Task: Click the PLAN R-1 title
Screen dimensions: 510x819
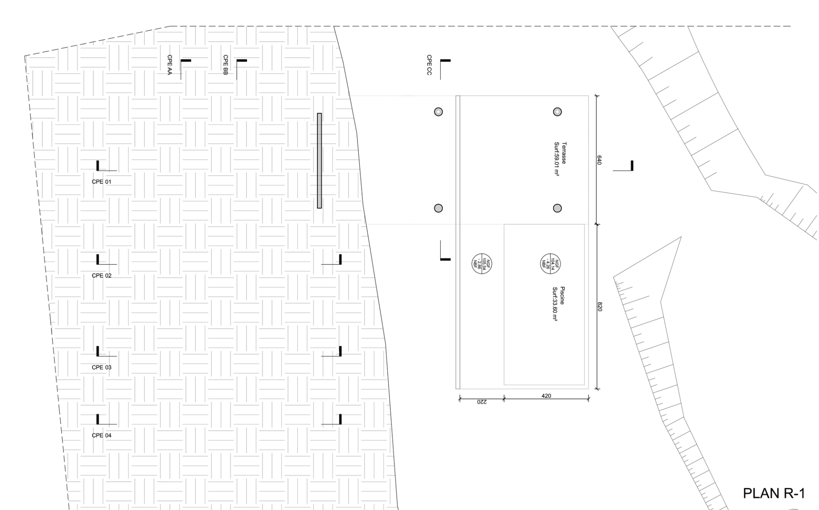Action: [774, 493]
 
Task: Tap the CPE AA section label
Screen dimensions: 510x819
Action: [170, 65]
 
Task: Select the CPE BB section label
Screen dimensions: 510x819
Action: [226, 65]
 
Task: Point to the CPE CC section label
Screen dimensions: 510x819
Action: [429, 65]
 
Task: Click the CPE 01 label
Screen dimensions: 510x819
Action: [102, 182]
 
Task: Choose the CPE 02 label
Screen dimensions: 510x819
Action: [102, 275]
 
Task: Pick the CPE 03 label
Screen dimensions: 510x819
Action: [102, 367]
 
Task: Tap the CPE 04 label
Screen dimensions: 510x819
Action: [102, 435]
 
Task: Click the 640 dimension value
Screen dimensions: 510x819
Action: [599, 160]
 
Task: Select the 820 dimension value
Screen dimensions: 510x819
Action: [599, 307]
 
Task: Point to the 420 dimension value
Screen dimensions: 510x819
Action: [546, 396]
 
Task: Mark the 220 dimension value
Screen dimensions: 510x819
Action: [481, 402]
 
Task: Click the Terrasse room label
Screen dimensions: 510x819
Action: [564, 153]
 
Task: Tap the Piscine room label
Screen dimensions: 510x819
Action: [563, 296]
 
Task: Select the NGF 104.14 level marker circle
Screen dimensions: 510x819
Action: [551, 263]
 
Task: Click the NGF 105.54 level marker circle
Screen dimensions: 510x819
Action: [482, 263]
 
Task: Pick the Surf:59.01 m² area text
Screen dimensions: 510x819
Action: [556, 159]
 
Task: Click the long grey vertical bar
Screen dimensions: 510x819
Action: [319, 160]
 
